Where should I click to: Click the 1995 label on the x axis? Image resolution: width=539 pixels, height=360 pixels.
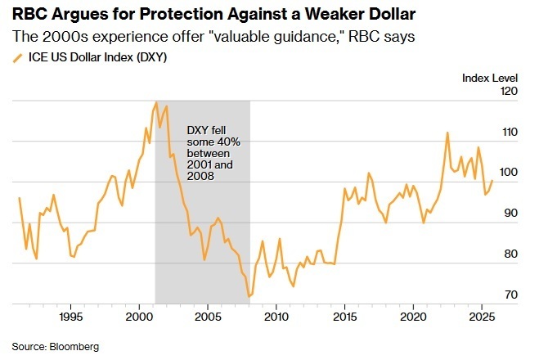pyautogui.click(x=70, y=316)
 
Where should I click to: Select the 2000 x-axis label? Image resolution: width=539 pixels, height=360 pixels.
pyautogui.click(x=139, y=316)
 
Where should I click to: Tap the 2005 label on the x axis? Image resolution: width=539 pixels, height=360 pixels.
pyautogui.click(x=208, y=316)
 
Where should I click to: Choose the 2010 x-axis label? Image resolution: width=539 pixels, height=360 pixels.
pyautogui.click(x=276, y=316)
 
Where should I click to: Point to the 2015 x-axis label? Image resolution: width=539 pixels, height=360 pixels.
pyautogui.click(x=345, y=316)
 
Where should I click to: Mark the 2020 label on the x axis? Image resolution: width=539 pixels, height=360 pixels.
pyautogui.click(x=414, y=316)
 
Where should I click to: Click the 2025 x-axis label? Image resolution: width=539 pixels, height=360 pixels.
pyautogui.click(x=483, y=316)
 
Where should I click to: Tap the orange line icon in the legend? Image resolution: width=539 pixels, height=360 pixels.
pyautogui.click(x=17, y=56)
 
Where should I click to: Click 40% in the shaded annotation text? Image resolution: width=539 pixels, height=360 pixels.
pyautogui.click(x=222, y=143)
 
